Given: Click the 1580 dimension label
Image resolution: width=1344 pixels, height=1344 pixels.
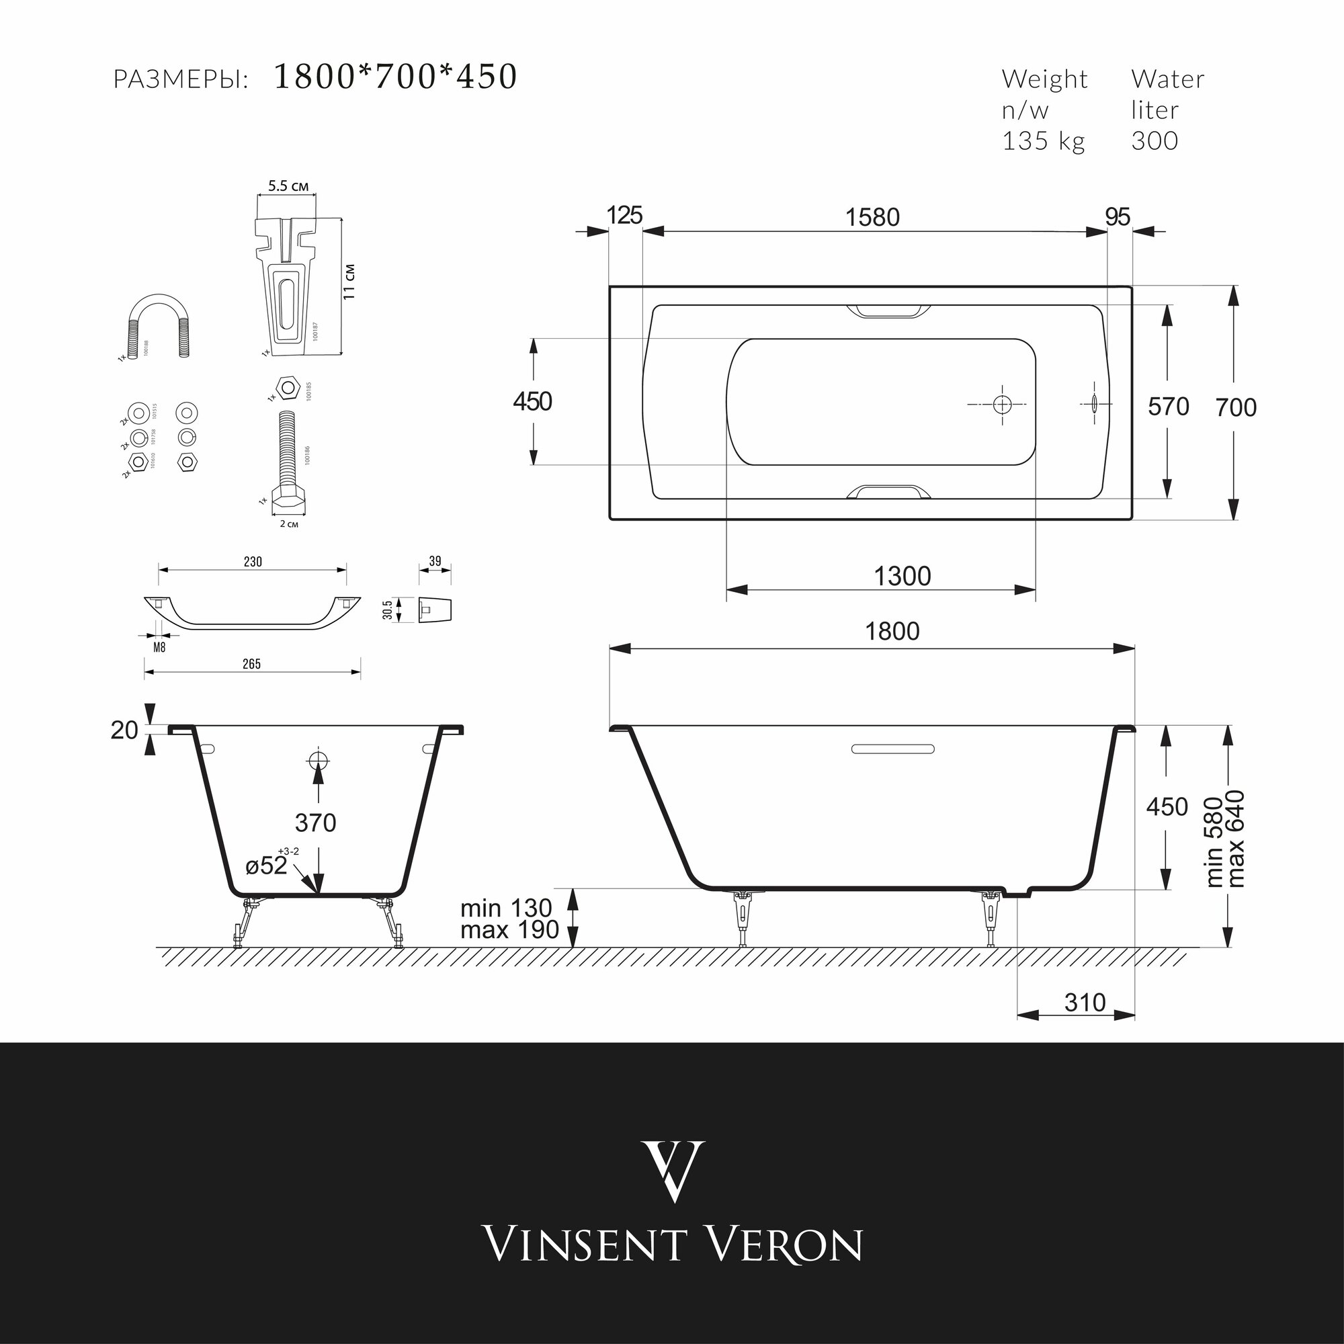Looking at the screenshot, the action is pos(872,218).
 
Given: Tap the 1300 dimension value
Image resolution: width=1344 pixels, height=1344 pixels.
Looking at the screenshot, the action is pos(902,577).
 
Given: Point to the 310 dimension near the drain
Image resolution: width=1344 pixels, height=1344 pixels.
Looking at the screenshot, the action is pos(1085,1003).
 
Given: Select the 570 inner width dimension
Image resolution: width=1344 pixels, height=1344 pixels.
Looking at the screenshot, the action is pos(1169,407).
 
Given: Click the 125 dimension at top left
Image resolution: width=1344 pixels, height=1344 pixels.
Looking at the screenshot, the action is pos(624,216).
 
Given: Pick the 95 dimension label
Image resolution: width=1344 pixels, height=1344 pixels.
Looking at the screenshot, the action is pos(1118,217).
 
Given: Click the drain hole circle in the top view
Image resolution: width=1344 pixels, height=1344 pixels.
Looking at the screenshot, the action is pos(1002,404).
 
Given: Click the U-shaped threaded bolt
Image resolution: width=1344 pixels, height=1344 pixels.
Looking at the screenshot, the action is pos(157,323).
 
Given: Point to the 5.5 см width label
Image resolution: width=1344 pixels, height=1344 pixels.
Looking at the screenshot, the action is pos(288,186).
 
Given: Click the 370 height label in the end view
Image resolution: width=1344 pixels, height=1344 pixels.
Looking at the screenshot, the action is pos(316,823).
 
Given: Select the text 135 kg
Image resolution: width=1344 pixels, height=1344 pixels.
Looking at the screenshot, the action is pos(1043,140).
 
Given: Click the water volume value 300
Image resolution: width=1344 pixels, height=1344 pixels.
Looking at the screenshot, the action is pos(1154,140).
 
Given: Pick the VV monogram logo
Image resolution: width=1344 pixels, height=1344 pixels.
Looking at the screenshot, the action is pos(672,1171).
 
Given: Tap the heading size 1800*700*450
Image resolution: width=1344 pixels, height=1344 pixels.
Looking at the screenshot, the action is pos(395,77).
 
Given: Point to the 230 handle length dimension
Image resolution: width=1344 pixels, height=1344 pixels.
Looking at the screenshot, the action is pos(253,561).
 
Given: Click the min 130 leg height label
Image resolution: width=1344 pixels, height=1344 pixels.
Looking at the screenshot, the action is pos(506,909).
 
